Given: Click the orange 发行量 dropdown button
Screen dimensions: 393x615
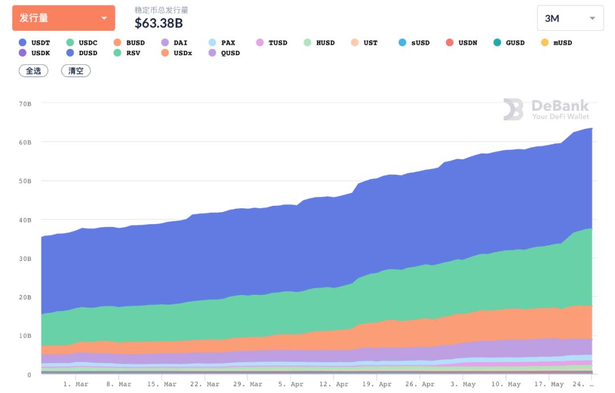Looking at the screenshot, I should tap(63, 18).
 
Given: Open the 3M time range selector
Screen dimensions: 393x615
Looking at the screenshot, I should tap(570, 18).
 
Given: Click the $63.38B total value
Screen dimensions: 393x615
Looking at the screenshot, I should tap(158, 23).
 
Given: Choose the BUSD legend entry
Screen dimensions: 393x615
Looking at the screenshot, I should tap(129, 43).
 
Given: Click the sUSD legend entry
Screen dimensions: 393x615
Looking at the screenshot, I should tap(414, 43).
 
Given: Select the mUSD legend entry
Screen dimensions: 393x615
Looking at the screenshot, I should tap(556, 43).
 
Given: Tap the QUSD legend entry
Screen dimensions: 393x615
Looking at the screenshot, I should tap(224, 53).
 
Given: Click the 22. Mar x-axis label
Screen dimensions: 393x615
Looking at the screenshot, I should tap(205, 384).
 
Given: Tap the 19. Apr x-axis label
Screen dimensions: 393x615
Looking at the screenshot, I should tap(378, 384).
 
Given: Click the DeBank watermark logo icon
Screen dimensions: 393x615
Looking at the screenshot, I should tap(513, 109).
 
